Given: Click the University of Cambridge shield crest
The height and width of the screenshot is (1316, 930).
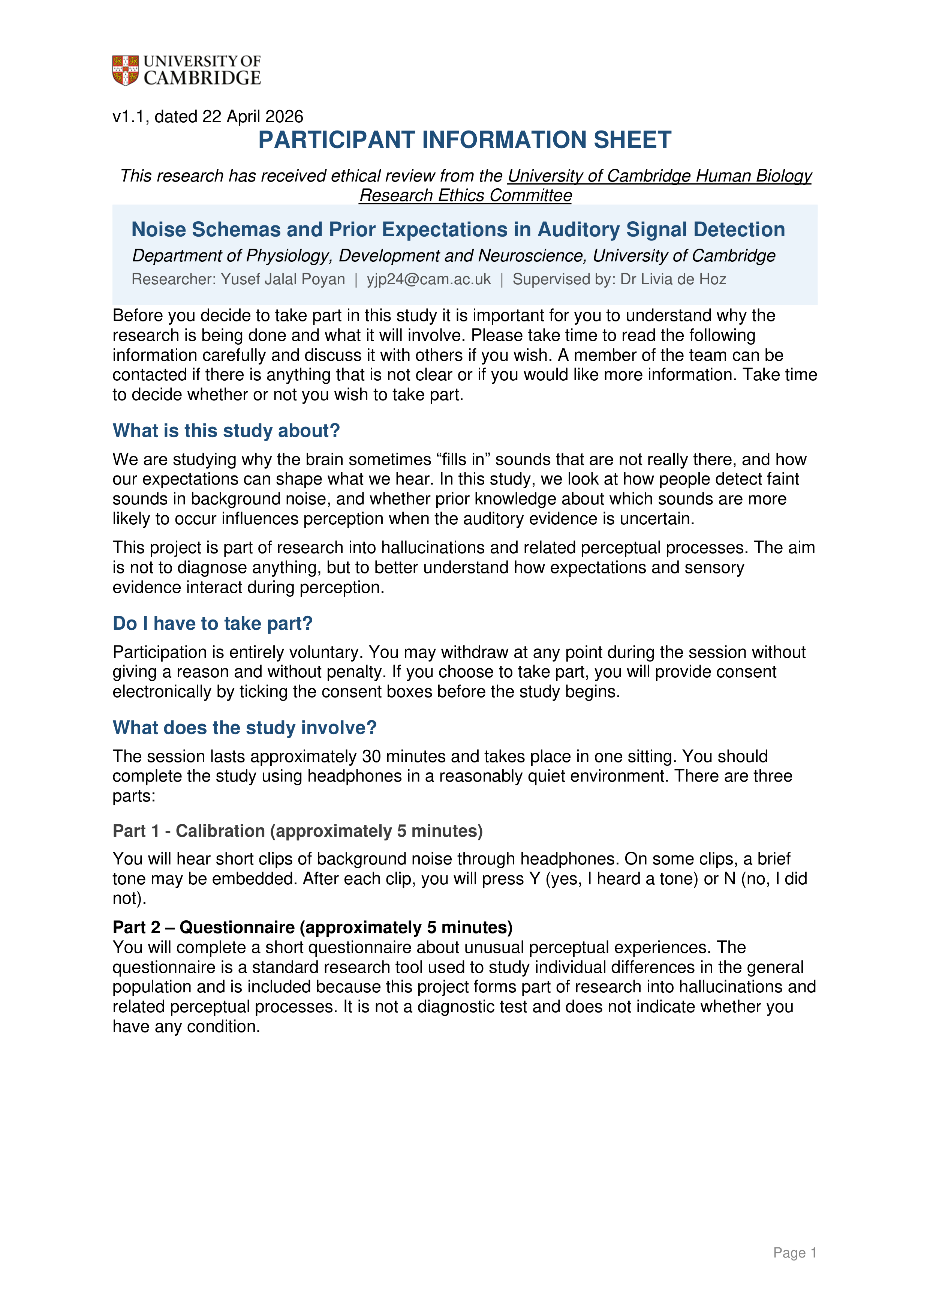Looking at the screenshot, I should [x=125, y=71].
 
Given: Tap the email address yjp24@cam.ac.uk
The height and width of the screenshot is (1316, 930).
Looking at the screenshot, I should [x=428, y=279].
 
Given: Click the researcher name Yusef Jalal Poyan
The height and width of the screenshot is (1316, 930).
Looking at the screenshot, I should [x=283, y=279].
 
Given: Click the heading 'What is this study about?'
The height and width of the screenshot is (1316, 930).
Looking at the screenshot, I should [x=226, y=431].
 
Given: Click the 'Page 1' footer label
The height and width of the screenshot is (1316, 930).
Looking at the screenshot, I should [x=794, y=1253].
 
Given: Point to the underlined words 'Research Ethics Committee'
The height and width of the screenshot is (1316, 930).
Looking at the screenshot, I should [x=465, y=195].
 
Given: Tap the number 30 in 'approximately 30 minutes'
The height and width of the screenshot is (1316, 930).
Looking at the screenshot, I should [x=371, y=756].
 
